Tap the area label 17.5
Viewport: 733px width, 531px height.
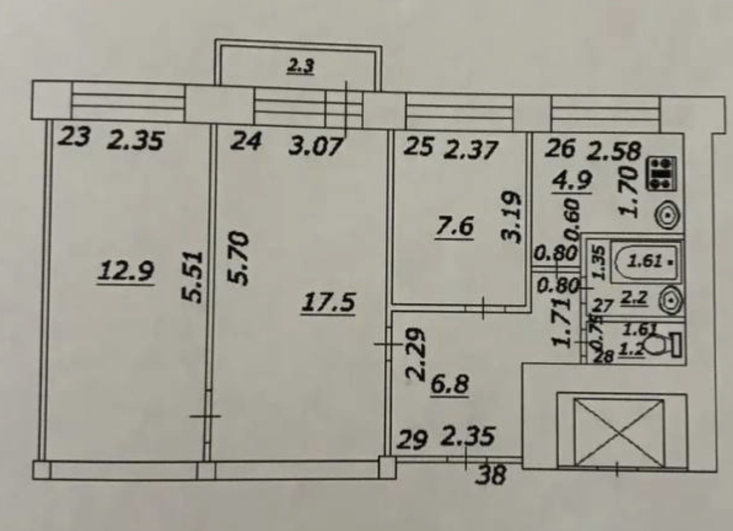click(x=328, y=303)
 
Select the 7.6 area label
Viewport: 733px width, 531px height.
click(x=455, y=227)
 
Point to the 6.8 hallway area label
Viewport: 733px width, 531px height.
click(x=450, y=384)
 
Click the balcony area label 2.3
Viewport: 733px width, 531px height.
click(x=300, y=67)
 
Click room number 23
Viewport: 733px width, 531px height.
click(x=74, y=137)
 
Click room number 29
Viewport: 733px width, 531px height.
click(x=413, y=440)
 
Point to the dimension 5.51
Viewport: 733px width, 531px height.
click(x=192, y=277)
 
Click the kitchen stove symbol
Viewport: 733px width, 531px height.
click(x=662, y=173)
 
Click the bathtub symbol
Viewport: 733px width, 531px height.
click(x=647, y=259)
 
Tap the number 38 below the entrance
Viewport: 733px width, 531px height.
click(x=491, y=475)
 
